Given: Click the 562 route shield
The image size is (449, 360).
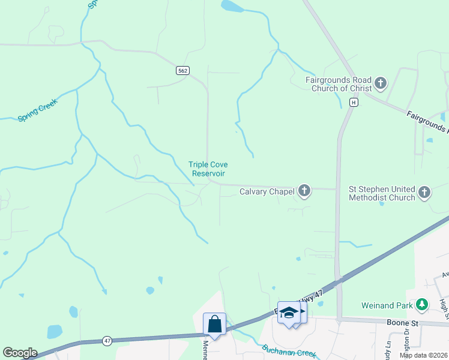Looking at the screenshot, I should click(x=183, y=71).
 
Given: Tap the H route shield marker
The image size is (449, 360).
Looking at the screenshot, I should click(x=354, y=103).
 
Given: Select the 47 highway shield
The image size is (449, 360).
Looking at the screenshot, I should click(x=107, y=341).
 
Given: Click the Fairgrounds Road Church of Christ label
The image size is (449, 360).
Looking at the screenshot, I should click(x=339, y=85).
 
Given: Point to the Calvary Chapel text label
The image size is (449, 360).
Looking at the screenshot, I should click(x=267, y=192).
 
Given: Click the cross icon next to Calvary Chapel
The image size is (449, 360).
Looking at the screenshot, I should click(x=304, y=191).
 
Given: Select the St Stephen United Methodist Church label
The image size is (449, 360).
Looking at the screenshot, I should click(x=382, y=193).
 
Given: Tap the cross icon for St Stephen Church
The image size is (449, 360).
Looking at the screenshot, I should click(x=424, y=193).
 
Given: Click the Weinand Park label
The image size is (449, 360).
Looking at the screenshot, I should click(x=387, y=305).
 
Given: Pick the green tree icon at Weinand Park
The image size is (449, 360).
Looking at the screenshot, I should click(x=423, y=305).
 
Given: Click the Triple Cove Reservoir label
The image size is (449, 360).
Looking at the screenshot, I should click(x=208, y=169).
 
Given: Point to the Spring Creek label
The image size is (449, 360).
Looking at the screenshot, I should click(x=37, y=112).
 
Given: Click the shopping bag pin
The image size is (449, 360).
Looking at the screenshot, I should click(x=215, y=325).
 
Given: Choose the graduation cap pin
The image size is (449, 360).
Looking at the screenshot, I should click(x=289, y=313).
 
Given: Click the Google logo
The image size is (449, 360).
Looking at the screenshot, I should click(x=20, y=353).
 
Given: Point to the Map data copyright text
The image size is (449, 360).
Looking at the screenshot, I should click(x=424, y=355).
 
